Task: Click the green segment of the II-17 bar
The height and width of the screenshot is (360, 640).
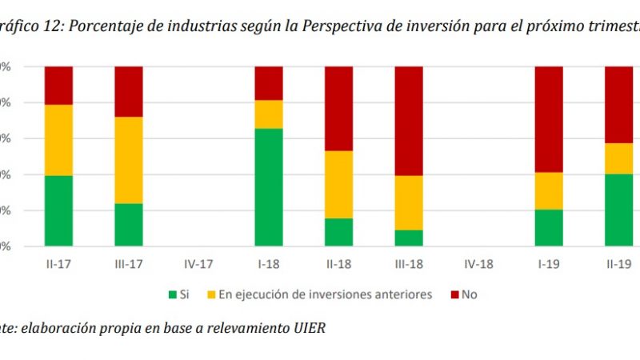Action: pyautogui.click(x=58, y=210)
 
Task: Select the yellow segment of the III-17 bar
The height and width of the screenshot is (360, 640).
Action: pyautogui.click(x=129, y=160)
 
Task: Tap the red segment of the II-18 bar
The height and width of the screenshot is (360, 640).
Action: pyautogui.click(x=338, y=109)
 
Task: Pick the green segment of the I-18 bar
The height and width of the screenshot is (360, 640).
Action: pyautogui.click(x=269, y=187)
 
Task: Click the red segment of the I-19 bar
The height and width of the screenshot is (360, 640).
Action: pyautogui.click(x=549, y=119)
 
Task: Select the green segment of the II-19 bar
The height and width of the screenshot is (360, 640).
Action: pyautogui.click(x=618, y=210)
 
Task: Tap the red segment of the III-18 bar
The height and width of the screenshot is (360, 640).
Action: pyautogui.click(x=409, y=121)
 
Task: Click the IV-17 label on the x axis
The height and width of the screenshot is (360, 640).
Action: pyautogui.click(x=198, y=262)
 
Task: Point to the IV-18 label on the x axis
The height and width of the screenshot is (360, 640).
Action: pyautogui.click(x=478, y=262)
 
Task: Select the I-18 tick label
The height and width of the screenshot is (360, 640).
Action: pyautogui.click(x=269, y=262)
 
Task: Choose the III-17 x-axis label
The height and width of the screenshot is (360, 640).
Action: pyautogui.click(x=129, y=262)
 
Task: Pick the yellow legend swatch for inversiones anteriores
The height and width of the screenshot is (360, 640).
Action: pyautogui.click(x=212, y=294)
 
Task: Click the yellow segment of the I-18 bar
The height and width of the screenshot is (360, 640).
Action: pyautogui.click(x=269, y=114)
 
